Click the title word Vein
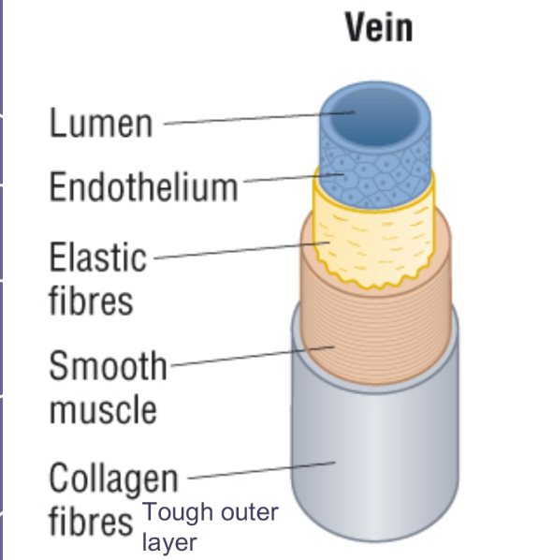[378, 27]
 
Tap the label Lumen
[100, 123]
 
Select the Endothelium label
[143, 187]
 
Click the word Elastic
[98, 257]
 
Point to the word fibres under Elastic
[92, 302]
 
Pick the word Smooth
[107, 366]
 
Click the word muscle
[103, 410]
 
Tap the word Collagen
[113, 479]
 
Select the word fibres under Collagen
[91, 521]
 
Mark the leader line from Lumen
[253, 118]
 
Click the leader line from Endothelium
[281, 180]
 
